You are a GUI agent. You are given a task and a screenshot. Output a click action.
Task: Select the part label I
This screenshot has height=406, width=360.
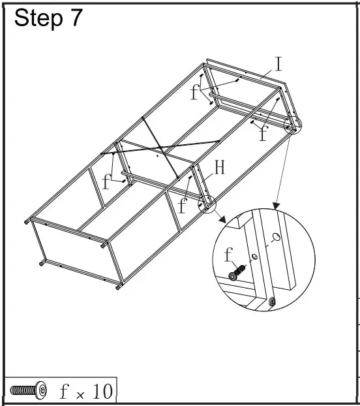point(278,64)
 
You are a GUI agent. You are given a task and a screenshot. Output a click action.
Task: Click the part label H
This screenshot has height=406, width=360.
point(220,168)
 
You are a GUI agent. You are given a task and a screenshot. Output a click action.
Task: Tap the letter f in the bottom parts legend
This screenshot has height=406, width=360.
point(63,391)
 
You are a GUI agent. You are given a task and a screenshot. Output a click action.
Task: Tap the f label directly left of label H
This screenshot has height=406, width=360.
point(183,207)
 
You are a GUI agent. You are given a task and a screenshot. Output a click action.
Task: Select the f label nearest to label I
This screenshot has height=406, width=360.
point(194,92)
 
